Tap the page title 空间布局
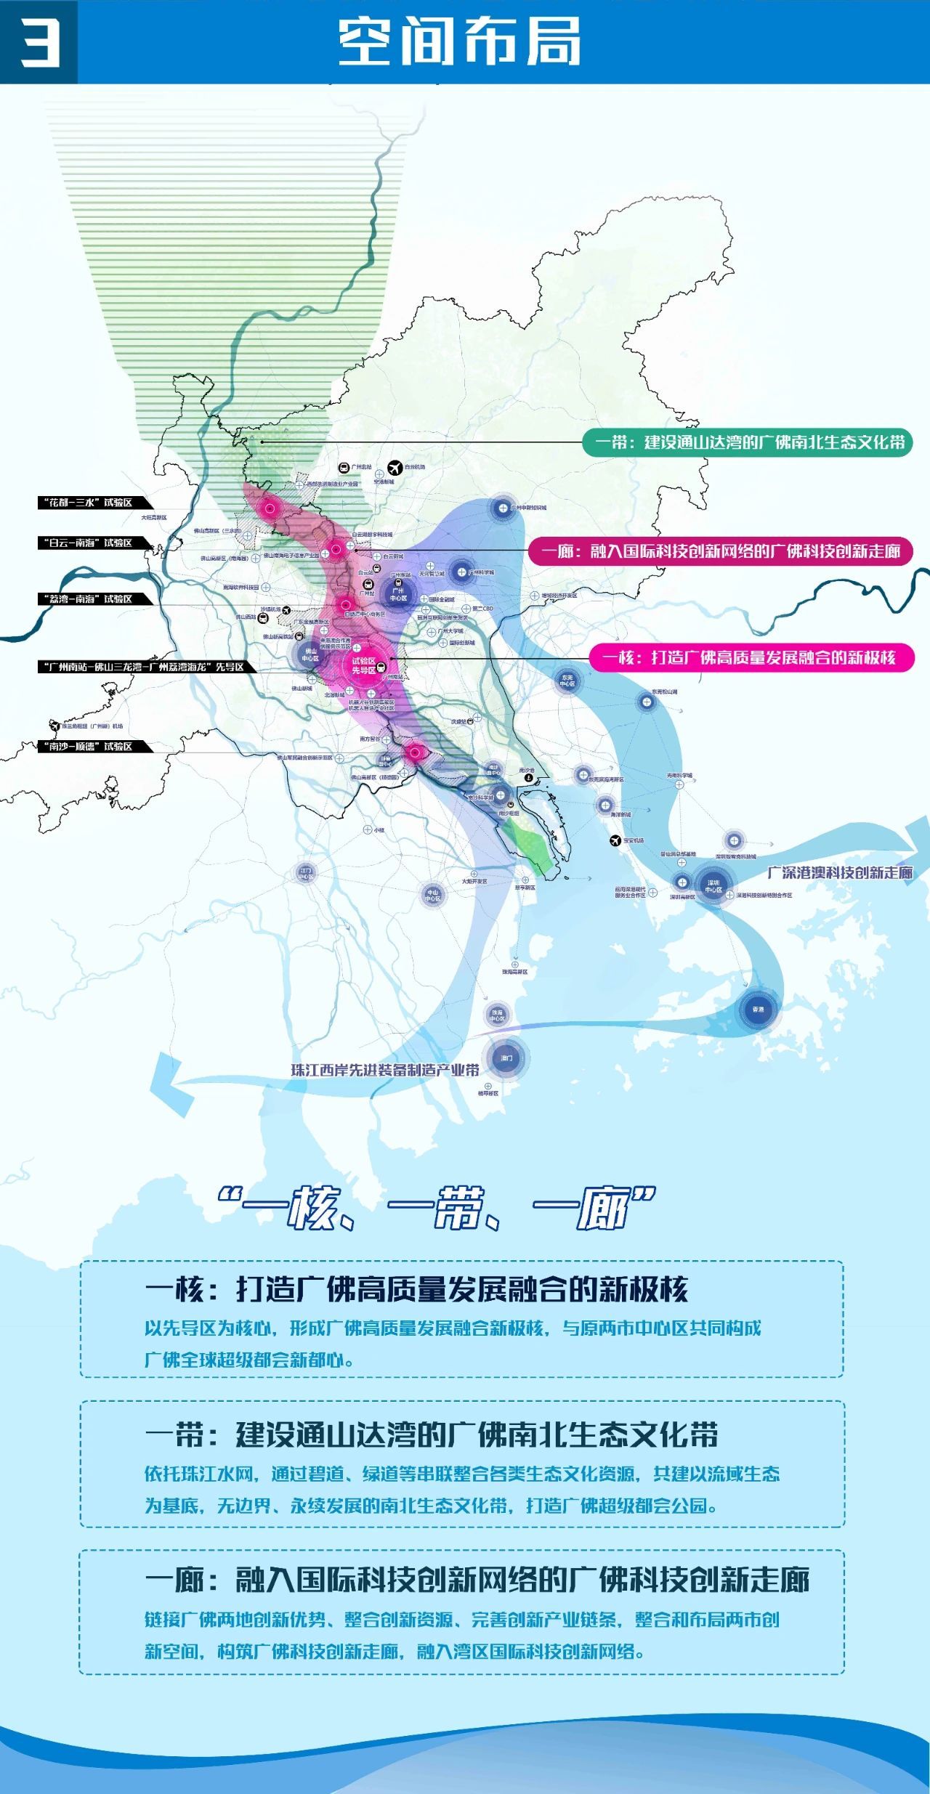point(459,42)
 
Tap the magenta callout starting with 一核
point(751,657)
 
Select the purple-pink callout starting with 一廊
point(720,551)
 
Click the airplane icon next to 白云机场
point(395,467)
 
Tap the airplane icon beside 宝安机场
point(615,840)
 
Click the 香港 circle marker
point(758,1010)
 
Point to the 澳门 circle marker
point(506,1058)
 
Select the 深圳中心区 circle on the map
point(713,886)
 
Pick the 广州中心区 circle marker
point(398,595)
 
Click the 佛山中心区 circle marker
point(310,654)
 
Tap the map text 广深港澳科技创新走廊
point(840,872)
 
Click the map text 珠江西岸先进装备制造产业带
point(385,1070)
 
